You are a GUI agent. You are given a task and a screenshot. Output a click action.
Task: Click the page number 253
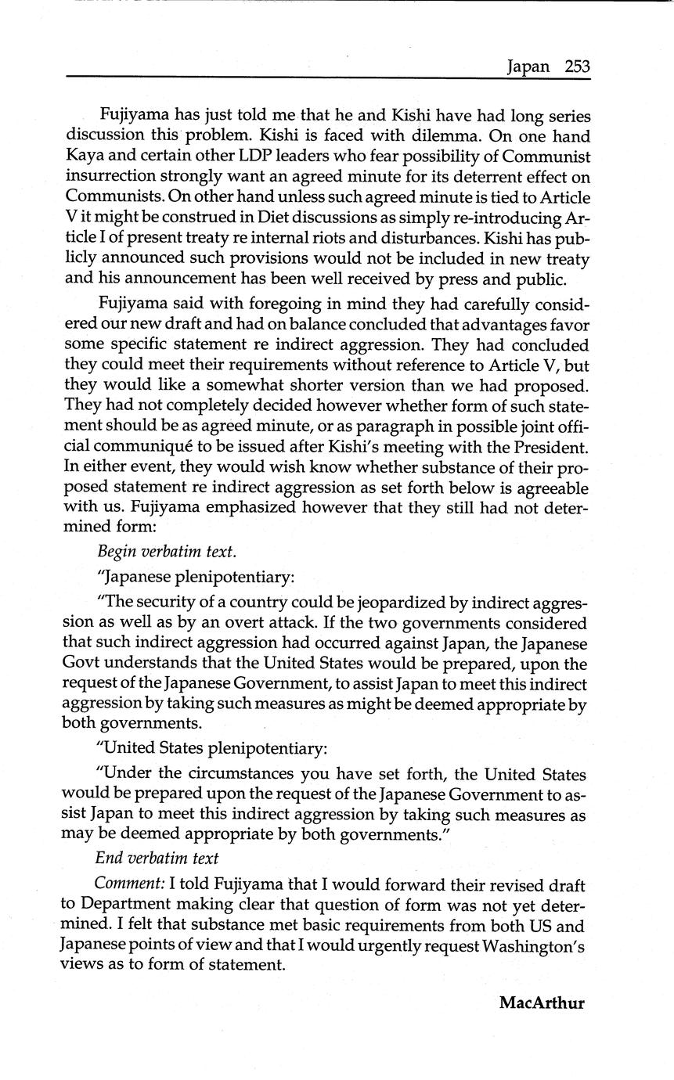[576, 67]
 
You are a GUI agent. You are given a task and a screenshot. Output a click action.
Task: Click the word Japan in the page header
[528, 67]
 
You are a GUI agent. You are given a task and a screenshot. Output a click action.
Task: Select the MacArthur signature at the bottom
[542, 1003]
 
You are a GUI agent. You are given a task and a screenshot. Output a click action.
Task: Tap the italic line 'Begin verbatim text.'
[167, 551]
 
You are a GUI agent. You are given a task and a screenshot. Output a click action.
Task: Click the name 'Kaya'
[85, 156]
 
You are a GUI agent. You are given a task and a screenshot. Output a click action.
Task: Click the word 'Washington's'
[534, 945]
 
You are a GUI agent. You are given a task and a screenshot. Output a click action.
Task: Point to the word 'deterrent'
[482, 176]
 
